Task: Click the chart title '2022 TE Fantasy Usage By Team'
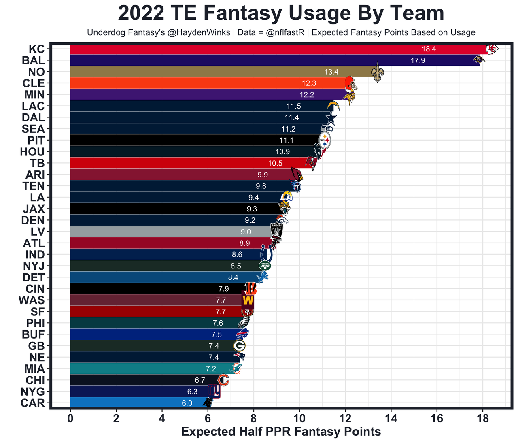click(281, 13)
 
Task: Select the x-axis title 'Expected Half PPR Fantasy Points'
click(281, 432)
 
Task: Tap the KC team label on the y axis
click(37, 49)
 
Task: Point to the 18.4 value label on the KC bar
click(429, 49)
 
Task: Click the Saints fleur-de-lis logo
click(378, 72)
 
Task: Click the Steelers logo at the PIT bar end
click(325, 141)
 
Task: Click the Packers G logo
click(239, 346)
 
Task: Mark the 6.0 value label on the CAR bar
click(187, 403)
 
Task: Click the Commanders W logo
click(248, 300)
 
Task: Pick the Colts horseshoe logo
click(266, 254)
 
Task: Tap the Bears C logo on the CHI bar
click(223, 380)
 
